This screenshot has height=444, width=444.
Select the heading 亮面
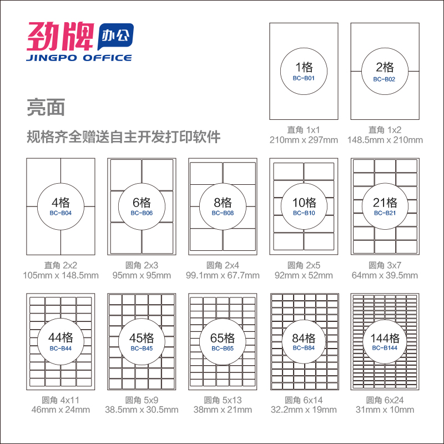[46, 108]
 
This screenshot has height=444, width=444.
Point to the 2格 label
[385, 68]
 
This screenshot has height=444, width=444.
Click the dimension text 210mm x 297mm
[304, 140]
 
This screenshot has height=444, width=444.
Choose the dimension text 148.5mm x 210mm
[385, 140]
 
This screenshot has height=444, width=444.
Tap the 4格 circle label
[61, 202]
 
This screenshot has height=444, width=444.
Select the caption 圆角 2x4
[223, 265]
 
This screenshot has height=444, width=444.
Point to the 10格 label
[304, 203]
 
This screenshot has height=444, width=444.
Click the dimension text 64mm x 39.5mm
[385, 275]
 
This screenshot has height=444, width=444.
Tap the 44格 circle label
[61, 337]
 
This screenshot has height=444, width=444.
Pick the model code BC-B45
[142, 349]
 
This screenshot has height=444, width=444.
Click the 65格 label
[223, 338]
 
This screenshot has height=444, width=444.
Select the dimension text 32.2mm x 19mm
[304, 410]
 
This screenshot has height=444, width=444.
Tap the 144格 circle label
[385, 338]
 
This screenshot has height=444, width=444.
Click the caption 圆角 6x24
[385, 400]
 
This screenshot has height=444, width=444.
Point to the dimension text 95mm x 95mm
[142, 275]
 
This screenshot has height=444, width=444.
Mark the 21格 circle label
[385, 203]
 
